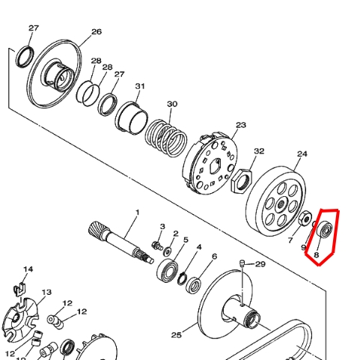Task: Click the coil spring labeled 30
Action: click(166, 138)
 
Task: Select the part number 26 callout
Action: click(97, 31)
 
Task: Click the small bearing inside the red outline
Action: click(324, 229)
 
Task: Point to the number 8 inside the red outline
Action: click(317, 254)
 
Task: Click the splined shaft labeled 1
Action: click(121, 242)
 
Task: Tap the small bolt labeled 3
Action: click(157, 245)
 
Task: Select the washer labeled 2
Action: click(168, 251)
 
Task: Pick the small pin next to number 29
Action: click(242, 263)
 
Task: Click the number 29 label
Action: click(260, 264)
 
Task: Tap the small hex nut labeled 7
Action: click(305, 219)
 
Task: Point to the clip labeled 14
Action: click(20, 290)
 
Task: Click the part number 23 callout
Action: click(241, 125)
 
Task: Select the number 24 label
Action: click(302, 154)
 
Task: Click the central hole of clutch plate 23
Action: click(215, 165)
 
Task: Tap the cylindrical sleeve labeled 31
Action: click(132, 118)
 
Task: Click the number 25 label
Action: click(176, 335)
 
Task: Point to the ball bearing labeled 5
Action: click(168, 270)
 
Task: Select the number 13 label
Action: click(46, 292)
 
